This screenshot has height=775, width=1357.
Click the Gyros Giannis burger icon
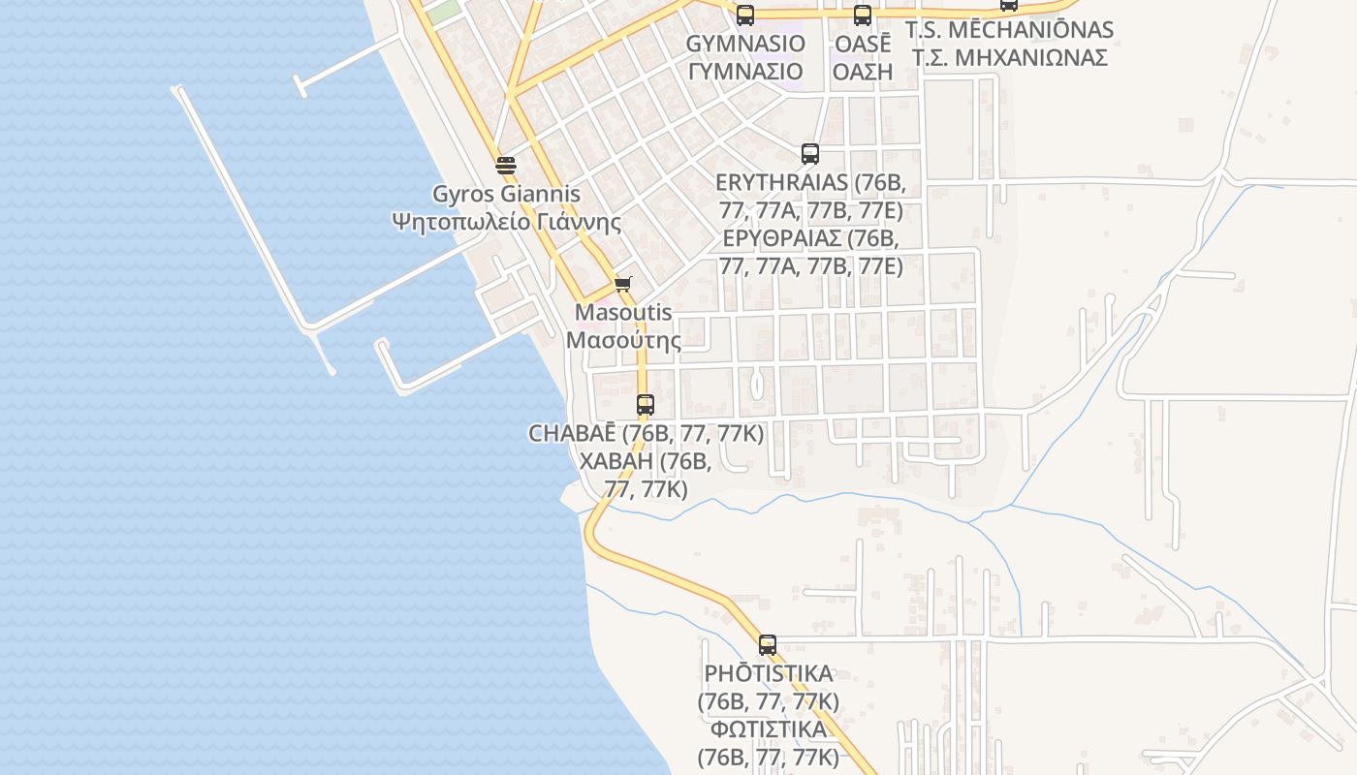[505, 165]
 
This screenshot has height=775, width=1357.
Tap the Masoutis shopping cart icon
[622, 284]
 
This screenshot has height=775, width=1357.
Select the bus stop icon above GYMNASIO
[744, 15]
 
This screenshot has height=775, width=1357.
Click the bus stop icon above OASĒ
[862, 15]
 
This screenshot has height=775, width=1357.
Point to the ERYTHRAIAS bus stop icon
[809, 153]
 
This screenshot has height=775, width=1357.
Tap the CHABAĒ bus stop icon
[645, 405]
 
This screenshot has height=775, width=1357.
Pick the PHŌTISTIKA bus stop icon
[767, 644]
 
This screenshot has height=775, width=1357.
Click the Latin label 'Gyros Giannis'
[505, 194]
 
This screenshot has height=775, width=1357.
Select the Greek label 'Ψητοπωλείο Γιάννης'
[505, 221]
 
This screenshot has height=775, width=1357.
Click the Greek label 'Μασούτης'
[623, 340]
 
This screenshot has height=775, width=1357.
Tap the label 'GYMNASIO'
[745, 44]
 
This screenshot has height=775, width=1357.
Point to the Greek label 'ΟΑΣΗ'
[863, 71]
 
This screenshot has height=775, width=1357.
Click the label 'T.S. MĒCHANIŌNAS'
[1009, 30]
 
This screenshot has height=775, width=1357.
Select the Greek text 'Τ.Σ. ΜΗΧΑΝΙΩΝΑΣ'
[1009, 57]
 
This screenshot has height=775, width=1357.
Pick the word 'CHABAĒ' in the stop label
[573, 433]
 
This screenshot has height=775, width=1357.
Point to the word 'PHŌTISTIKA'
[768, 673]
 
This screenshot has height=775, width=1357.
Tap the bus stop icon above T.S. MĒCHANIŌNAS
[1009, 4]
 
